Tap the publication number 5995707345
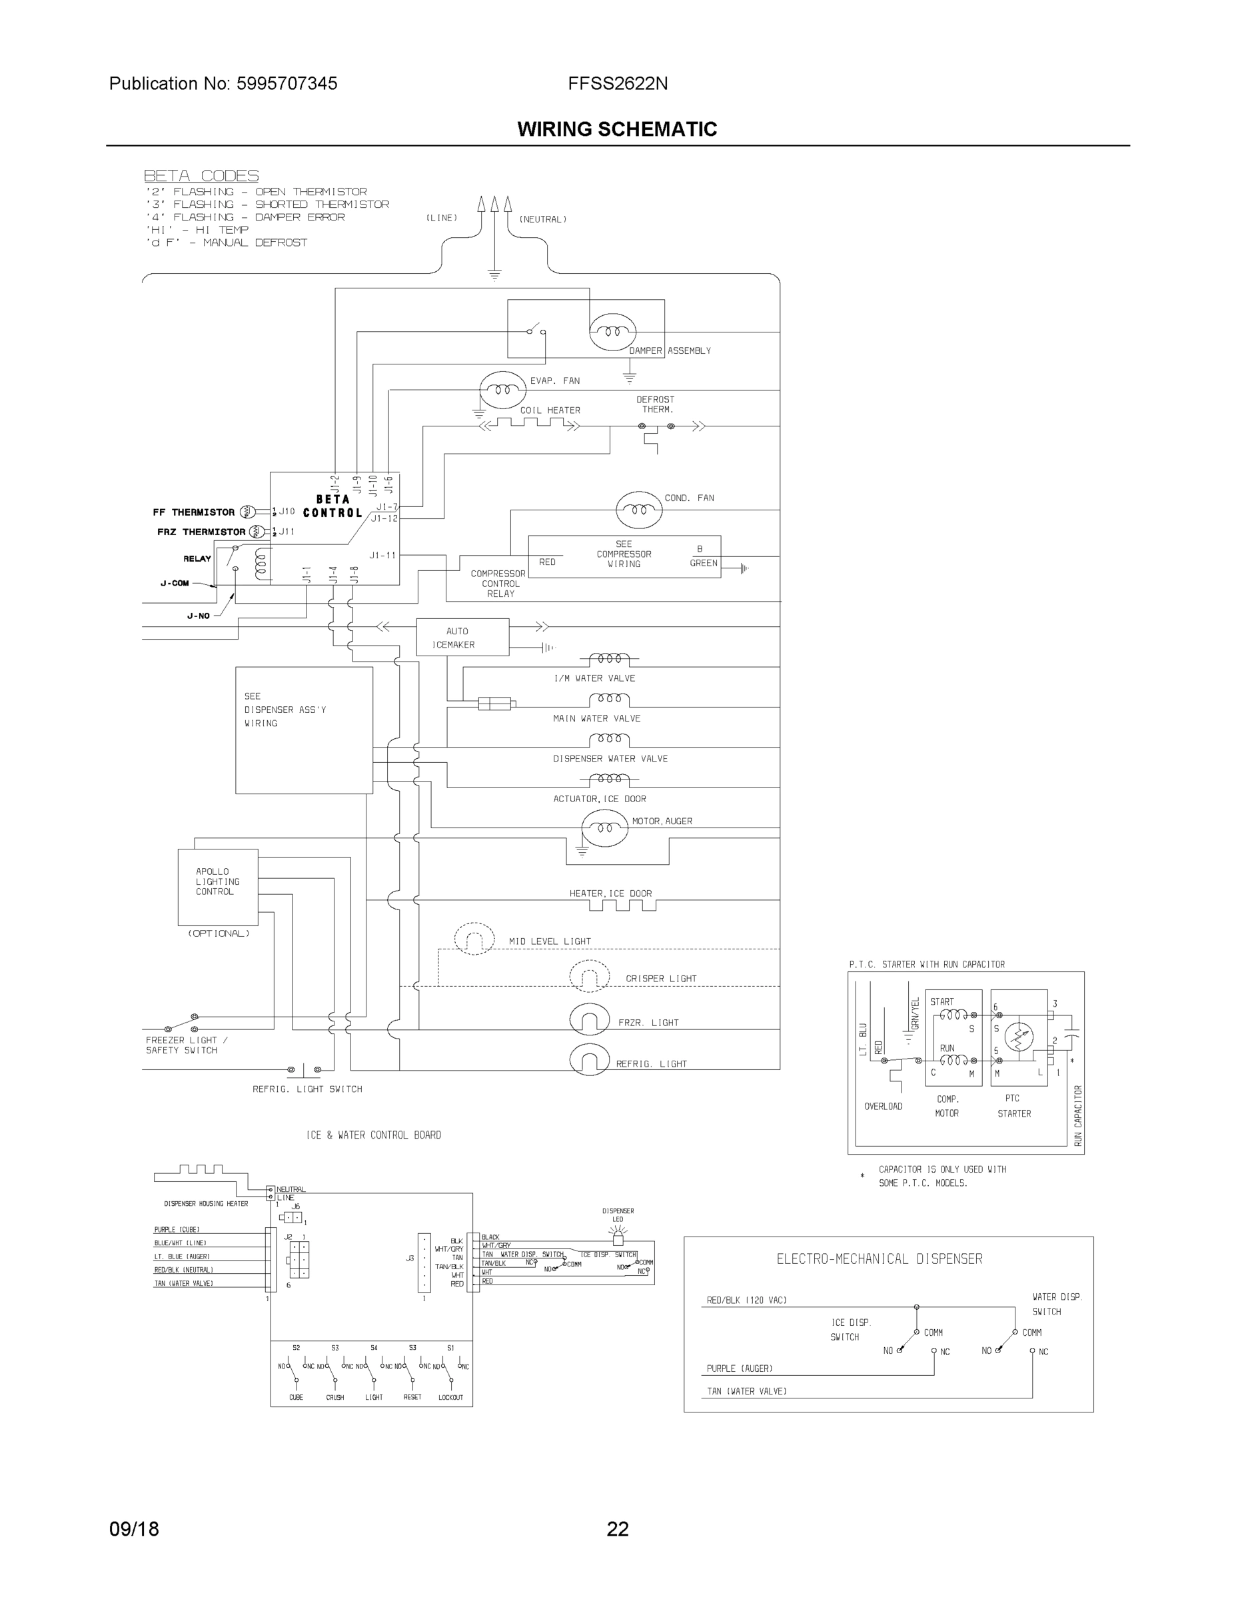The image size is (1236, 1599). pyautogui.click(x=287, y=83)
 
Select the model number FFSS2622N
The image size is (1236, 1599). pyautogui.click(x=617, y=83)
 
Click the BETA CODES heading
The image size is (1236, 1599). pyautogui.click(x=201, y=176)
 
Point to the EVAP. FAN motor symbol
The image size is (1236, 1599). pyautogui.click(x=502, y=390)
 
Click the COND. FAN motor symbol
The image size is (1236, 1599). pyautogui.click(x=638, y=510)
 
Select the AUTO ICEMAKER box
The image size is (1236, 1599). pyautogui.click(x=462, y=637)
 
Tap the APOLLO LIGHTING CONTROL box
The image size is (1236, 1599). pyautogui.click(x=217, y=887)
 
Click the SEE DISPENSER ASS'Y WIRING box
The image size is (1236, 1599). pyautogui.click(x=303, y=730)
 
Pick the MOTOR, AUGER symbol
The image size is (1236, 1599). pyautogui.click(x=604, y=827)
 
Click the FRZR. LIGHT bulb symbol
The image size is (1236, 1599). pyautogui.click(x=590, y=1021)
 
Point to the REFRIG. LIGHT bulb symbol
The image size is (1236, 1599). pyautogui.click(x=590, y=1061)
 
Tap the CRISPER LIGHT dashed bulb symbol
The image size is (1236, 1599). pyautogui.click(x=590, y=976)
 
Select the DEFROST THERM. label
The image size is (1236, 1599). pyautogui.click(x=656, y=404)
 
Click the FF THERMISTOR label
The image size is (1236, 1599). pyautogui.click(x=193, y=512)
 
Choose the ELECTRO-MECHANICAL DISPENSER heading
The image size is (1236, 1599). pyautogui.click(x=879, y=1259)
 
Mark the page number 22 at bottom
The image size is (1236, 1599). pyautogui.click(x=617, y=1529)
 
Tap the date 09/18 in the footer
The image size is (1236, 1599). pyautogui.click(x=134, y=1529)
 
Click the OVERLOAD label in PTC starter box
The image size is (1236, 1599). pyautogui.click(x=883, y=1106)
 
